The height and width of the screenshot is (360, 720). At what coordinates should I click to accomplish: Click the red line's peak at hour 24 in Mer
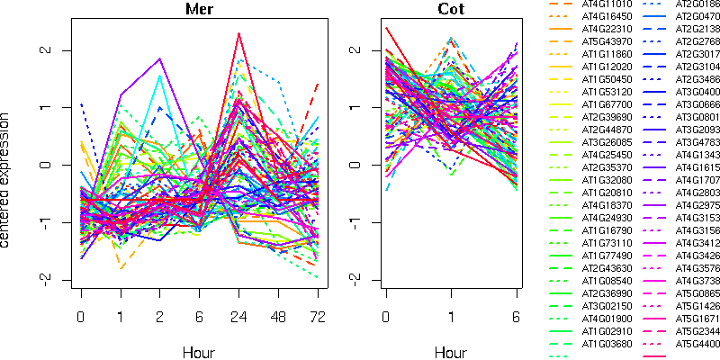[238, 33]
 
